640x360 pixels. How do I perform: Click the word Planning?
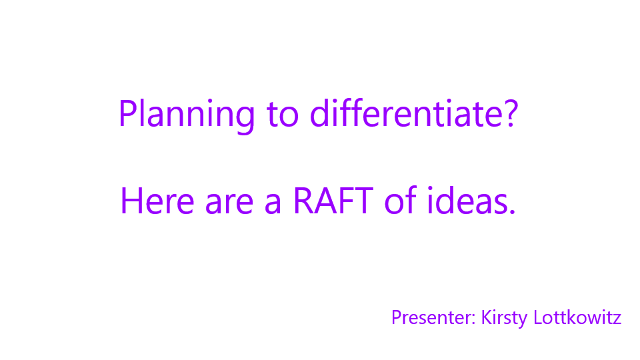coord(187,116)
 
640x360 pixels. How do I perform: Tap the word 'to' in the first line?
coord(283,115)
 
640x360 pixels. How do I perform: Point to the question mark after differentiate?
coord(511,113)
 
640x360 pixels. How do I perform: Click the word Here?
coord(157,201)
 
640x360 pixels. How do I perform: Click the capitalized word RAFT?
coord(333,201)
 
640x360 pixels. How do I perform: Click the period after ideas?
coord(512,211)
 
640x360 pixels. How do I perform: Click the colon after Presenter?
coord(473,319)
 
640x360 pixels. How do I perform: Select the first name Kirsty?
coord(504,319)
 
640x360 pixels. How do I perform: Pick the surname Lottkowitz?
coord(577,317)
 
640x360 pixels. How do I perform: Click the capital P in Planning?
coord(127,113)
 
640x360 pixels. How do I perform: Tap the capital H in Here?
coord(131,201)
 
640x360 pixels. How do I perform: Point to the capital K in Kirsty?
coord(487,317)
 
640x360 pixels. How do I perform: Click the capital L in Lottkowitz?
coord(539,317)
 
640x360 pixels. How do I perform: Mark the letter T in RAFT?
coord(363,201)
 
